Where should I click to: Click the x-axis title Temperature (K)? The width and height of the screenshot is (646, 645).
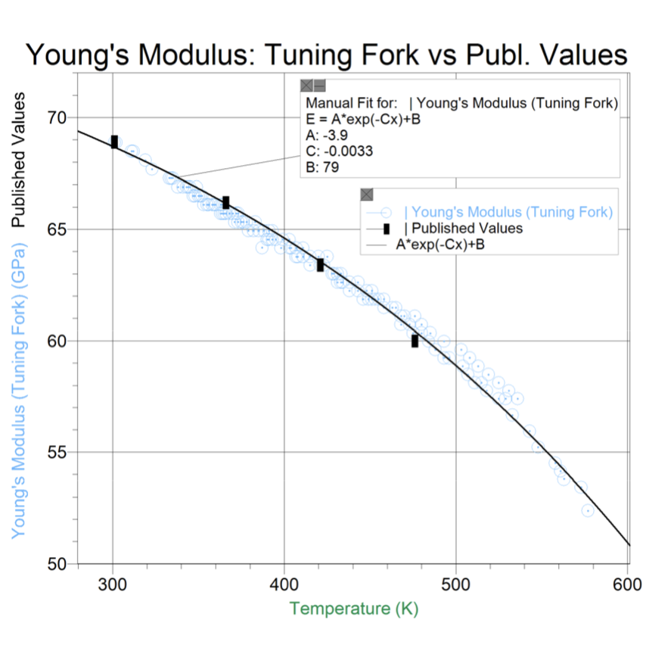click(x=353, y=609)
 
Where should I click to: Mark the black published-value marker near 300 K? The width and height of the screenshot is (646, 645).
click(x=114, y=142)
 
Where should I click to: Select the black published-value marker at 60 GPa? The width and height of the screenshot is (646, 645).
click(x=415, y=341)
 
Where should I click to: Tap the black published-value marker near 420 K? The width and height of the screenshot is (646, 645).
click(x=320, y=264)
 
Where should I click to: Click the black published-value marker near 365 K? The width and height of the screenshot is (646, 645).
click(x=225, y=202)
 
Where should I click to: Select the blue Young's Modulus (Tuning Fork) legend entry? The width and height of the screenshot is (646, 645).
click(x=508, y=212)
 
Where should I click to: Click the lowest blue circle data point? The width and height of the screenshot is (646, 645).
click(x=587, y=510)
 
